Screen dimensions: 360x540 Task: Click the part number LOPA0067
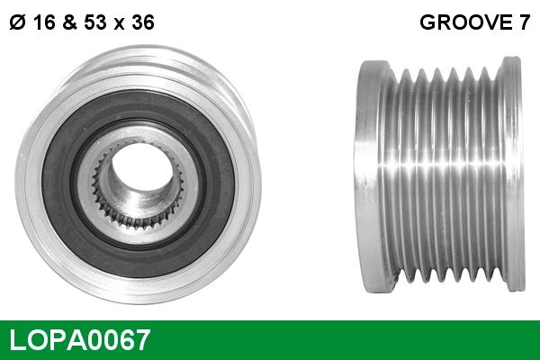79,341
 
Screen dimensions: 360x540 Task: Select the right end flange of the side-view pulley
513,175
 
